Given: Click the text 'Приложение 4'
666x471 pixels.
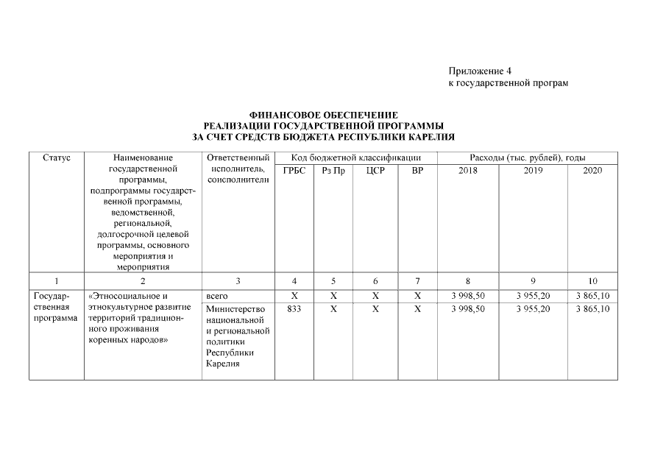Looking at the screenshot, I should (x=479, y=71).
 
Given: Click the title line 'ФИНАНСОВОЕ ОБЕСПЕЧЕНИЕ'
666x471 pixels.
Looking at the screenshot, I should (x=324, y=116).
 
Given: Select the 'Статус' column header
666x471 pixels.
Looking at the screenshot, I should (x=57, y=157).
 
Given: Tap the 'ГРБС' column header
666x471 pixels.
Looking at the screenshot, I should (x=294, y=170).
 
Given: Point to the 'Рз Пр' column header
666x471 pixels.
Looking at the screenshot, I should (x=333, y=170).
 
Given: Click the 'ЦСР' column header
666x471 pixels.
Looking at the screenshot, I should (x=375, y=170).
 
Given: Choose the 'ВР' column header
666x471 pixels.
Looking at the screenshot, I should (x=417, y=170).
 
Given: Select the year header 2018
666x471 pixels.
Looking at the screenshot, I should (x=467, y=170).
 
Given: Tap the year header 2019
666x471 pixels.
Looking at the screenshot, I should (x=533, y=170).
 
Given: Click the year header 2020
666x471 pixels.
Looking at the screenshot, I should (x=592, y=170).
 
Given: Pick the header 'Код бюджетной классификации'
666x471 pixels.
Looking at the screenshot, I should (x=355, y=157).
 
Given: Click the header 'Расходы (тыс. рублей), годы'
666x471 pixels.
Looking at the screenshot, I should (x=527, y=157).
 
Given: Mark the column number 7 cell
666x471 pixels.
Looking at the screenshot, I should (x=417, y=280).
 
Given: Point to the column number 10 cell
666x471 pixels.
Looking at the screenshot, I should (x=592, y=280).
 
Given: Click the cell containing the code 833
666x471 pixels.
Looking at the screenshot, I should (x=294, y=309).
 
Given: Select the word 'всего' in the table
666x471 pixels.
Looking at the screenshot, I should (x=218, y=296).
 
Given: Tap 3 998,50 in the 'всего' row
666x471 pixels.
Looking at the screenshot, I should (x=468, y=296).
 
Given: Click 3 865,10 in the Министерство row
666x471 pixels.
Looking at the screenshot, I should (x=593, y=309).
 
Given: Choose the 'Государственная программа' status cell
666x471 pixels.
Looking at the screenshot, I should (x=56, y=307).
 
